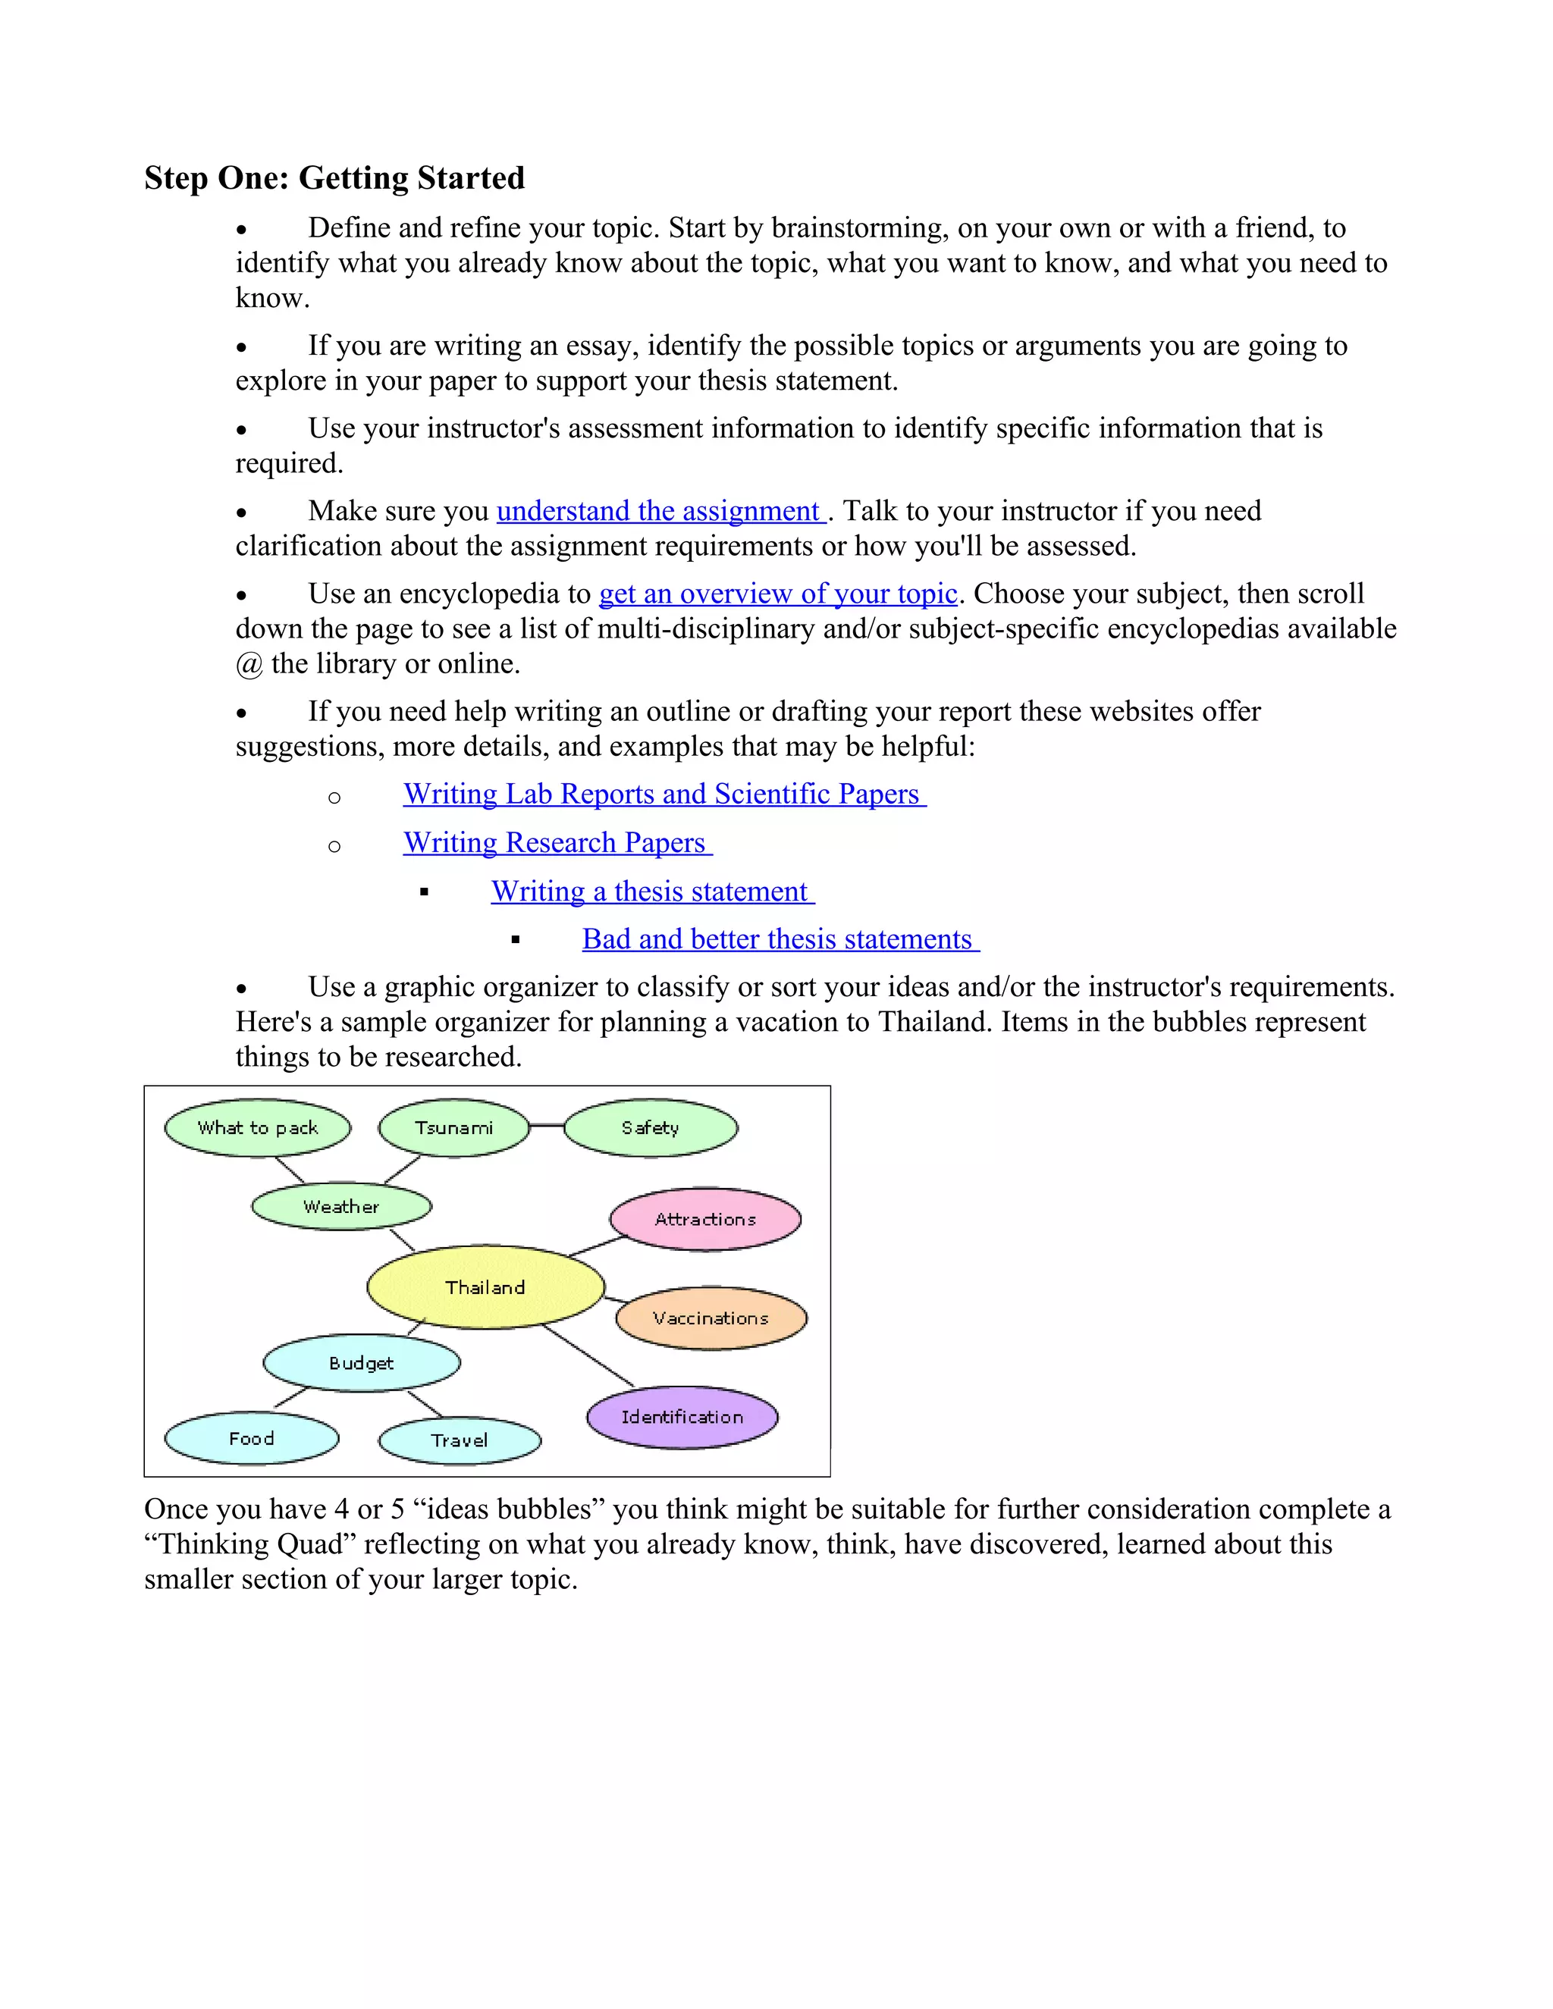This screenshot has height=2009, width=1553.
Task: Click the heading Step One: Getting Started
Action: [x=334, y=177]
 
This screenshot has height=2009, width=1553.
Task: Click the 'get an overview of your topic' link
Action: [x=778, y=594]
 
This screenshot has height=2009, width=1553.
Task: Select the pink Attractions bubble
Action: [x=704, y=1219]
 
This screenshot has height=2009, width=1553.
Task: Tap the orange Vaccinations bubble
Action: [x=711, y=1318]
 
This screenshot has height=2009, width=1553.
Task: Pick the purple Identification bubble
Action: [x=682, y=1417]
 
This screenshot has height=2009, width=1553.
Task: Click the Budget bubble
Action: [x=361, y=1363]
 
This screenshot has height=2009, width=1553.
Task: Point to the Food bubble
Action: [x=251, y=1439]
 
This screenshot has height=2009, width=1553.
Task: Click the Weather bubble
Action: [x=340, y=1207]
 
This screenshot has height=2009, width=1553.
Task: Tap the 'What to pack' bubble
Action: [x=258, y=1128]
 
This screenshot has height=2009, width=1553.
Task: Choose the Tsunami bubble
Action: [x=453, y=1128]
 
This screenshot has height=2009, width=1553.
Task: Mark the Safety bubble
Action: [x=650, y=1128]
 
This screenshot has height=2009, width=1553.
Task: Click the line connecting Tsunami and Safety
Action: [x=547, y=1125]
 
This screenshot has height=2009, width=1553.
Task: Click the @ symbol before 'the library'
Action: [x=249, y=664]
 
